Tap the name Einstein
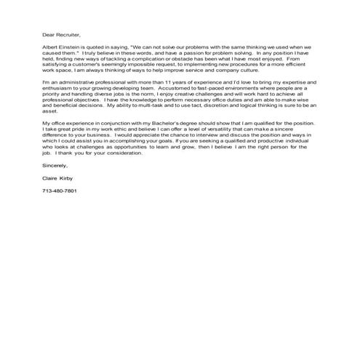click(x=70, y=47)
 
